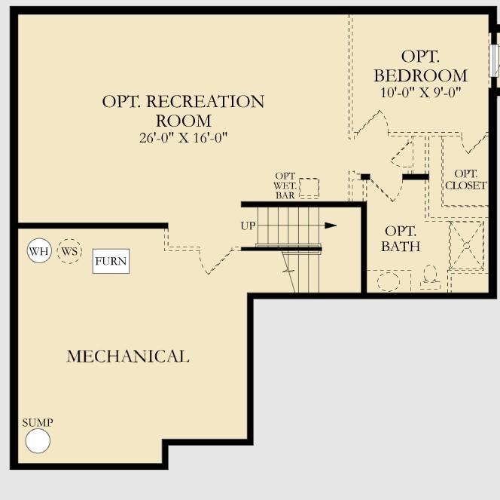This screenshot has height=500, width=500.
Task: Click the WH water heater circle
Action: (x=39, y=251)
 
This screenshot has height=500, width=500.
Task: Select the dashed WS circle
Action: (x=69, y=251)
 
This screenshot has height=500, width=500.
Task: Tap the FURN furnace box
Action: (x=111, y=262)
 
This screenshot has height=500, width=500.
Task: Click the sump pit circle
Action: (x=38, y=441)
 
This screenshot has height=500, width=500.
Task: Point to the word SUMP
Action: (x=38, y=423)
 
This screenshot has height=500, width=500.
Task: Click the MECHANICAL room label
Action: (x=128, y=356)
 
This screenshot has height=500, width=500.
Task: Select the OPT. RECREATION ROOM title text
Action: (x=183, y=111)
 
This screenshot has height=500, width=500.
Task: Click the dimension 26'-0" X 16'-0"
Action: (x=183, y=137)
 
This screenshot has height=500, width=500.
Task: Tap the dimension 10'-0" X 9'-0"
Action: (x=420, y=92)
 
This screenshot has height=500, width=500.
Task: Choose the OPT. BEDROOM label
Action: (x=420, y=66)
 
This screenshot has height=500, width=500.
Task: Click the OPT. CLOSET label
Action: (x=465, y=179)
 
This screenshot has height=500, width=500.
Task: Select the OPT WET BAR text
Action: (x=285, y=186)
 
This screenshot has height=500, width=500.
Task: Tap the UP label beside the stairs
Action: (x=248, y=225)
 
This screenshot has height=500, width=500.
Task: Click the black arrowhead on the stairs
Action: (x=330, y=225)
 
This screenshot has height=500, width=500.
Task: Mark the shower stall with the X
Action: (x=467, y=245)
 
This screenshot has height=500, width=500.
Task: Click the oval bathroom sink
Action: (x=389, y=282)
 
